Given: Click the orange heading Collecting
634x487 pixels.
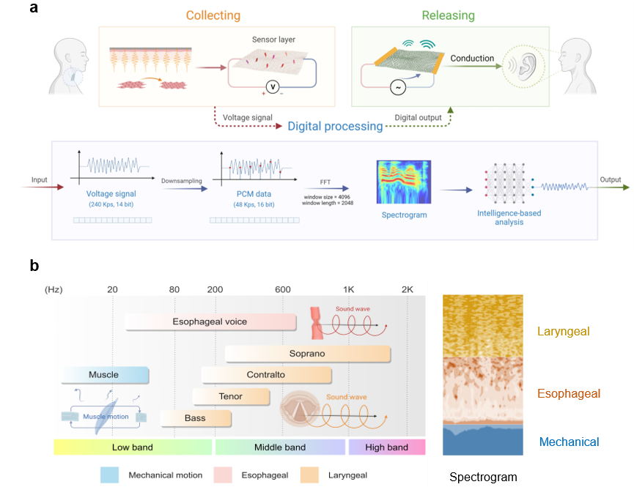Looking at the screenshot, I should click(x=213, y=15).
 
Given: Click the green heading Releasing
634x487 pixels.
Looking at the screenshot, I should click(x=448, y=15).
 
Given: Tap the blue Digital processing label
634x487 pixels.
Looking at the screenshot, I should click(x=335, y=126).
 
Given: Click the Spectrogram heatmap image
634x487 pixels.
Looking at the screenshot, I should click(x=403, y=182).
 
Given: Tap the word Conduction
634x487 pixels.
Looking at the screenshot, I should click(x=472, y=59).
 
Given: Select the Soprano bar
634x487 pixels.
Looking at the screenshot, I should click(x=307, y=354).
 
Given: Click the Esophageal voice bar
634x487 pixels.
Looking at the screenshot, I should click(x=210, y=321).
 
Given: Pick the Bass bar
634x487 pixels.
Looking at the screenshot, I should click(x=196, y=418).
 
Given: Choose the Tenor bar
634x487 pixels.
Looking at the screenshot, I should click(x=231, y=397).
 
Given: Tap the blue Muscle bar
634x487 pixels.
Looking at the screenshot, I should click(x=104, y=375).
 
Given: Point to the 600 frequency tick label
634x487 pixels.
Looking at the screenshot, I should click(x=283, y=289).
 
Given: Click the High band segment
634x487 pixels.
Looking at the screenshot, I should click(x=386, y=447).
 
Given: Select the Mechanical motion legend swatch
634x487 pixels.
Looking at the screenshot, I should click(x=110, y=475).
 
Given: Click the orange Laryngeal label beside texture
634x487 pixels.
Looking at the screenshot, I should click(x=563, y=332).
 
